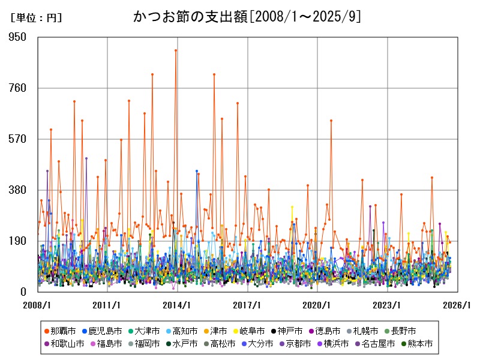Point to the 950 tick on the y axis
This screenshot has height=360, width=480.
[22, 37]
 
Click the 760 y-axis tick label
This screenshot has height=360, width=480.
[22, 88]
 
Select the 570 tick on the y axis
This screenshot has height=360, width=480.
[22, 139]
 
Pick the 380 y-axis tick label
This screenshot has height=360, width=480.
[22, 190]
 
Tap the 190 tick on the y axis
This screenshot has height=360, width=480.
[22, 241]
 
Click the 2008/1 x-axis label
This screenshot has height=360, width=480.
[38, 305]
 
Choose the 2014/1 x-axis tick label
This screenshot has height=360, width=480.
[178, 305]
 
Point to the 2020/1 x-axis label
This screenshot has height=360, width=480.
[317, 305]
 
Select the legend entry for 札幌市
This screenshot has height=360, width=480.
[359, 331]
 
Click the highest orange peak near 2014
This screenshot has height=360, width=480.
[175, 50]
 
